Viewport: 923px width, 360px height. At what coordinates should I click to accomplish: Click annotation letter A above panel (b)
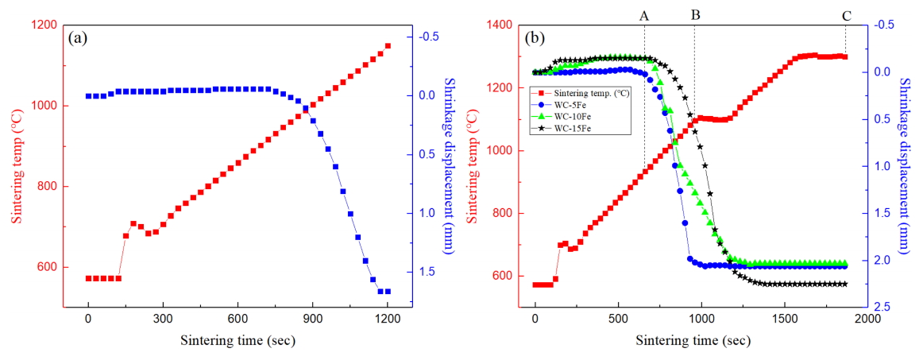point(644,14)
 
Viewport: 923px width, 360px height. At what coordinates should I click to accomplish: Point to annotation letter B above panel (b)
point(695,14)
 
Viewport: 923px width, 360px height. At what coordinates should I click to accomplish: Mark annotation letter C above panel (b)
point(845,14)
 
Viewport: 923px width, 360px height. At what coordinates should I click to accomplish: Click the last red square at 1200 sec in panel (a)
point(388,46)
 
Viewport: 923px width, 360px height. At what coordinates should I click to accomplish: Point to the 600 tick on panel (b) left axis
point(501,276)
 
